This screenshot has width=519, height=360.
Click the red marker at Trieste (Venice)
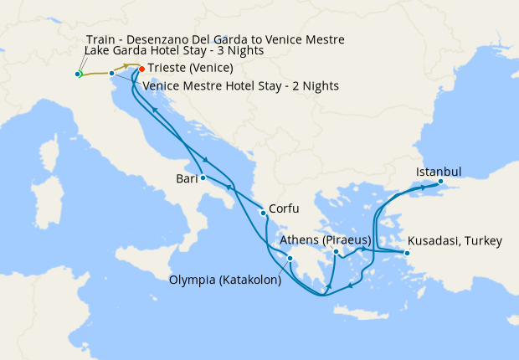(141, 69)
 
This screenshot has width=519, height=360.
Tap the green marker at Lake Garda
(78, 75)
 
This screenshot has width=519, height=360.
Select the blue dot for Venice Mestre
(111, 74)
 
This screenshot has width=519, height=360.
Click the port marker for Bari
(203, 177)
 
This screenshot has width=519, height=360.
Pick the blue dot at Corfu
(264, 213)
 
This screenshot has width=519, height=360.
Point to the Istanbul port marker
(441, 183)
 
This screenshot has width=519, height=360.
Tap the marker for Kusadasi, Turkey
(407, 253)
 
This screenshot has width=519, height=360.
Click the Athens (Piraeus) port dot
(336, 252)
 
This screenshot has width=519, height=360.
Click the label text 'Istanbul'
(439, 172)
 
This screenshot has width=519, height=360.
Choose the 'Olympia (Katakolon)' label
(225, 280)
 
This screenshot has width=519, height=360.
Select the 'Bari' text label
(186, 178)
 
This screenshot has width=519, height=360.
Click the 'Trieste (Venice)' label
(190, 68)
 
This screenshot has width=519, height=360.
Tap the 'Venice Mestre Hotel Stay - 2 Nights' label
(240, 85)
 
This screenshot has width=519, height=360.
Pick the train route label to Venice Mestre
(215, 39)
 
